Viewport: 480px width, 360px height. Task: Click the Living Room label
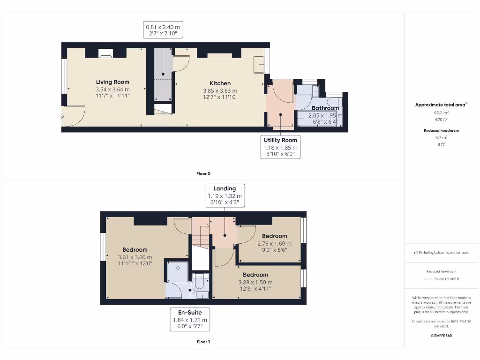point(112,82)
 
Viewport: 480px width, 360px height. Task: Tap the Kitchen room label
point(220,83)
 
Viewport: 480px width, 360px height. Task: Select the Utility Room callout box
point(280,147)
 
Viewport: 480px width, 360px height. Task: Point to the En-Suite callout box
point(190,320)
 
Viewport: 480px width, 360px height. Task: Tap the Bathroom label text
point(325,108)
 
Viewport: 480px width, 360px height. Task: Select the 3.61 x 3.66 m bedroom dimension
point(135,257)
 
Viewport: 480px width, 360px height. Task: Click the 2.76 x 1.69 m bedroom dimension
point(274,243)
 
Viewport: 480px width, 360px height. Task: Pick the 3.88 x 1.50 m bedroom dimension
point(255,282)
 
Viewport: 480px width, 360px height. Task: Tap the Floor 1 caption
point(203,342)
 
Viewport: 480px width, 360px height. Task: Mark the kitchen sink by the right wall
point(259,65)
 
